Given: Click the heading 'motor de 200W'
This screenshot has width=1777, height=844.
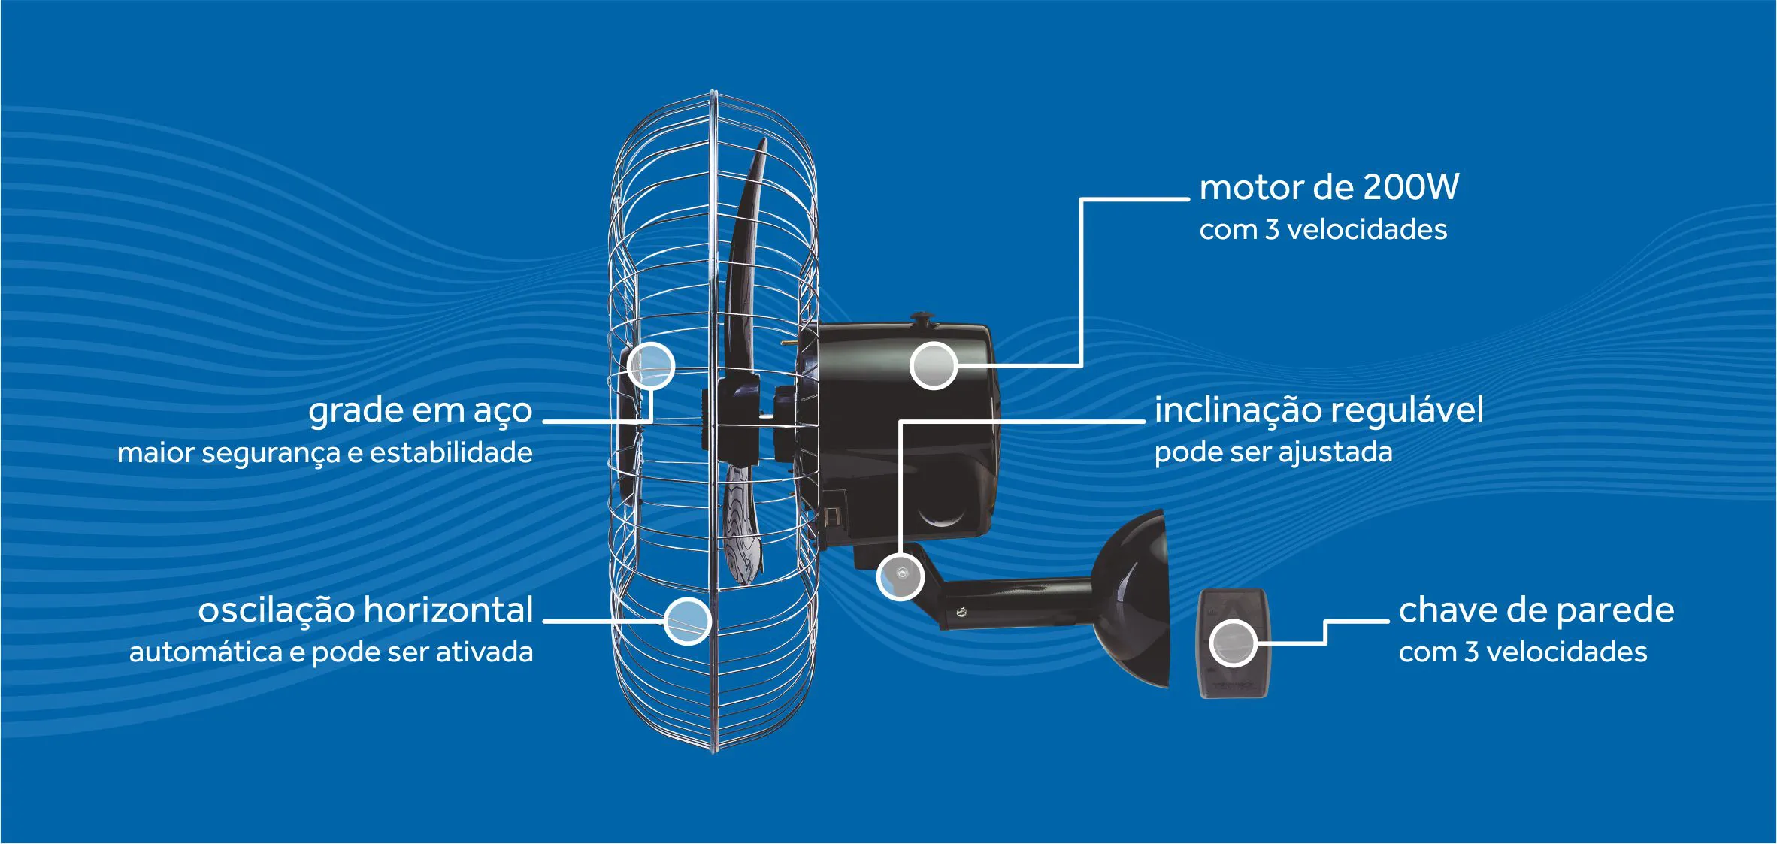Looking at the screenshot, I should click(1328, 187).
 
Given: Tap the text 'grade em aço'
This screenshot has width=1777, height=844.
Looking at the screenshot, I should click(420, 411).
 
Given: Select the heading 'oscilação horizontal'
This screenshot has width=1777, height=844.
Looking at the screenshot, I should click(365, 610).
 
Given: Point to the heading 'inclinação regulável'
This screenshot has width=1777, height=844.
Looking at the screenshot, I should click(1318, 410).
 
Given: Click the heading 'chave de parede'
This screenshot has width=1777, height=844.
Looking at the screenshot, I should click(1536, 610).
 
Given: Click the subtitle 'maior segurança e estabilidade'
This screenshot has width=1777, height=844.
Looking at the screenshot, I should click(325, 452).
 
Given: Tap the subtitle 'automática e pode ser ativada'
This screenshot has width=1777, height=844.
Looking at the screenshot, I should click(331, 652).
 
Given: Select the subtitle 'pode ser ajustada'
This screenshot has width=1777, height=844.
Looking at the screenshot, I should click(1273, 452).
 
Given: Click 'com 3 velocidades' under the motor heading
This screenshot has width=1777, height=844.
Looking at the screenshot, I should click(1322, 229).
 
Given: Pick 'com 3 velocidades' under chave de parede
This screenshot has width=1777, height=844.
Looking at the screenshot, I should click(1522, 652).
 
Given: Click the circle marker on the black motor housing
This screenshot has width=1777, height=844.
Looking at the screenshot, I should click(933, 365).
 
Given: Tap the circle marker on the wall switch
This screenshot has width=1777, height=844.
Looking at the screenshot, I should click(1233, 643).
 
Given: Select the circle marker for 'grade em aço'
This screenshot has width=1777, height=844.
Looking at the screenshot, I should click(650, 365).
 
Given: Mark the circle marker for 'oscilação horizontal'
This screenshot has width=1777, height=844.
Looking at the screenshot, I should click(687, 621).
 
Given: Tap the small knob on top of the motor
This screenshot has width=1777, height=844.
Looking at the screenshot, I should click(921, 320).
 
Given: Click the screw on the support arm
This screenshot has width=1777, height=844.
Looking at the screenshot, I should click(961, 613).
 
